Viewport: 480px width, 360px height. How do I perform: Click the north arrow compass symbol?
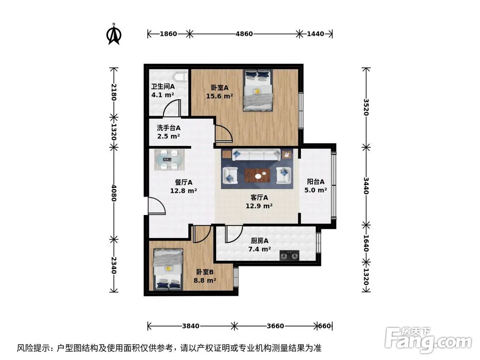(114, 34)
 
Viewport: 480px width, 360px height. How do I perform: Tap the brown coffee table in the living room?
(260, 176)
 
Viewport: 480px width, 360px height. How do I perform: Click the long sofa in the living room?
(256, 155)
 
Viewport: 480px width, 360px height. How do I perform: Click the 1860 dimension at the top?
(168, 34)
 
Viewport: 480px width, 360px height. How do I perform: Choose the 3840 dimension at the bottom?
(190, 326)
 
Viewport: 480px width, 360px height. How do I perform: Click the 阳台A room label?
(316, 182)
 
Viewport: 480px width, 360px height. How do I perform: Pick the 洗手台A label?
(168, 128)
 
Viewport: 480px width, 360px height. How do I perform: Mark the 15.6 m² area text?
(219, 96)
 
